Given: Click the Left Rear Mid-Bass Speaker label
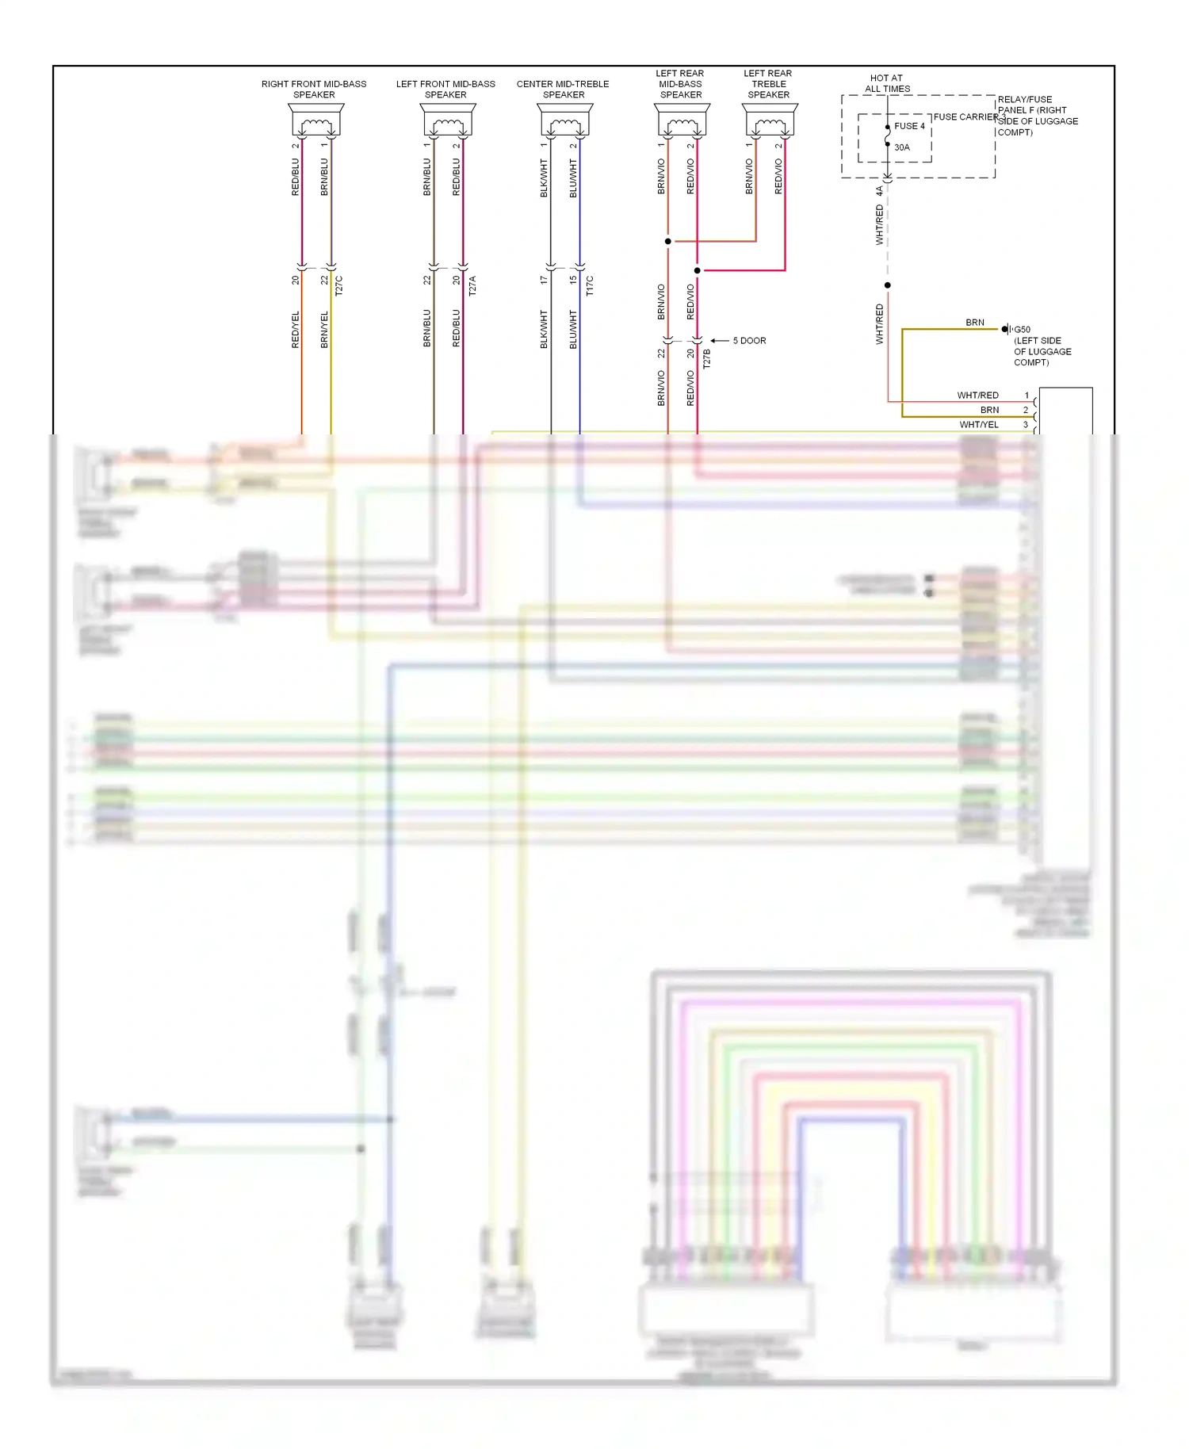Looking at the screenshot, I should [x=680, y=84].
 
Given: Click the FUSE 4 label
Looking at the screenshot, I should [x=909, y=126].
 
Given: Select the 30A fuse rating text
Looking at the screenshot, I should [x=902, y=147].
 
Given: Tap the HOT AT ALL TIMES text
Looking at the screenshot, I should [x=887, y=83].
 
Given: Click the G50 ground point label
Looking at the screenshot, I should [x=1022, y=330].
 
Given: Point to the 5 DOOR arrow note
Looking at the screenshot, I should [x=748, y=341].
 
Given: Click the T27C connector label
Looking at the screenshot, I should [x=339, y=285].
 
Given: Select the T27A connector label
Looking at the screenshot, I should [x=472, y=285].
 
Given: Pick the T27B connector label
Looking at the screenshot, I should [x=707, y=359].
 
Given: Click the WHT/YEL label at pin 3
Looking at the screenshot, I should [x=979, y=425].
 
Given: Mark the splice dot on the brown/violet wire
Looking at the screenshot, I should [x=668, y=241].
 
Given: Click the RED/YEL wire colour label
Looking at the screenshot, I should [x=296, y=329].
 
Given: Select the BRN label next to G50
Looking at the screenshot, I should [x=975, y=323].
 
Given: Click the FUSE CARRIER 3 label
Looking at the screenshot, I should [x=969, y=117].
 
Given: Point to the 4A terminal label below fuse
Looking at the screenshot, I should [x=879, y=191].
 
